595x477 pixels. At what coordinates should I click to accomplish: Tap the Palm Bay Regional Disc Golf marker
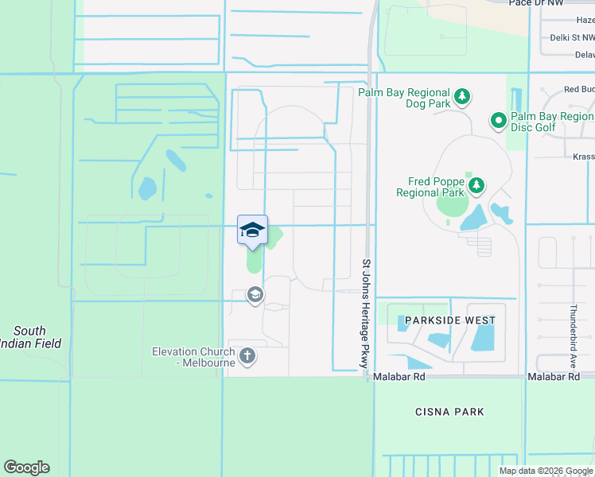click(x=499, y=122)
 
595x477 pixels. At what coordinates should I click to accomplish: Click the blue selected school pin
click(x=252, y=231)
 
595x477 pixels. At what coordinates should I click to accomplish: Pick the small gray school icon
click(x=255, y=296)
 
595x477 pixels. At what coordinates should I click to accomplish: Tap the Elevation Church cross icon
click(x=247, y=355)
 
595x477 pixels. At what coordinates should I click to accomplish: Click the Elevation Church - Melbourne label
click(x=194, y=357)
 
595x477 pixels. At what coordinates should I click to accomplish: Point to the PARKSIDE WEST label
click(x=450, y=320)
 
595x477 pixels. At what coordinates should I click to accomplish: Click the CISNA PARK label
click(x=449, y=412)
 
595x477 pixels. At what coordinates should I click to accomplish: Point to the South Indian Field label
click(x=30, y=337)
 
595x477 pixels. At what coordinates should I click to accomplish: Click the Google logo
click(x=26, y=467)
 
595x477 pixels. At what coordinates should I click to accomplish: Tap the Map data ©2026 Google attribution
click(x=546, y=471)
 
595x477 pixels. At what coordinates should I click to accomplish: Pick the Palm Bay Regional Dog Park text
click(x=404, y=99)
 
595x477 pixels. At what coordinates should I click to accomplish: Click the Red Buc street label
click(x=578, y=89)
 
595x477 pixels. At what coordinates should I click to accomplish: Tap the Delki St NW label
click(x=572, y=37)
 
